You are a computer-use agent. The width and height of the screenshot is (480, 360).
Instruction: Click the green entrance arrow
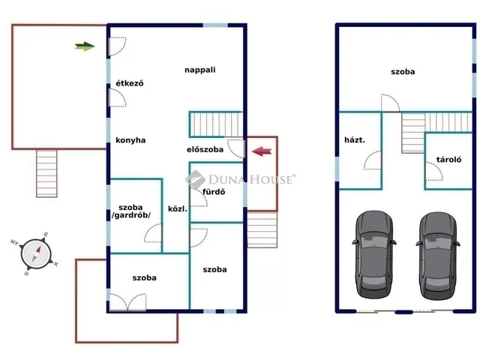pyautogui.click(x=85, y=46)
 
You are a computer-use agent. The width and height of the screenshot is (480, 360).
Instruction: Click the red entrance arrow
pyautogui.click(x=262, y=151)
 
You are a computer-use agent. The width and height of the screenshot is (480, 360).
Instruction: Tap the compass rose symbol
pyautogui.click(x=35, y=253)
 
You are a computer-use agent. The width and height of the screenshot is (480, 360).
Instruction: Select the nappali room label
pyautogui.click(x=200, y=70)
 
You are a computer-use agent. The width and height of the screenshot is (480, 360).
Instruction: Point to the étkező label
pyautogui.click(x=130, y=83)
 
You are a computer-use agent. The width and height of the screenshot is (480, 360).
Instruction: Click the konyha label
pyautogui.click(x=130, y=140)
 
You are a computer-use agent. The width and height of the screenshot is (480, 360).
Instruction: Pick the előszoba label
pyautogui.click(x=205, y=149)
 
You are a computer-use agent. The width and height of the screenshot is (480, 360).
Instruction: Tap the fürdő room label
pyautogui.click(x=214, y=192)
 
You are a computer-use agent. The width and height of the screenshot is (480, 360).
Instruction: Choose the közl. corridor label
pyautogui.click(x=178, y=209)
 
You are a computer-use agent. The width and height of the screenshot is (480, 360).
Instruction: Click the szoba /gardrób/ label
pyautogui.click(x=131, y=211)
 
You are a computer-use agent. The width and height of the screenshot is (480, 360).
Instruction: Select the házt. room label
pyautogui.click(x=355, y=140)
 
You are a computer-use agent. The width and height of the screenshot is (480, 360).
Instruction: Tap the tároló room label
pyautogui.click(x=448, y=159)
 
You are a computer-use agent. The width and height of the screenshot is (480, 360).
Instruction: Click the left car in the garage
pyautogui.click(x=374, y=254)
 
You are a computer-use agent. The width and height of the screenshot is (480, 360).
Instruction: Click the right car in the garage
pyautogui.click(x=438, y=256)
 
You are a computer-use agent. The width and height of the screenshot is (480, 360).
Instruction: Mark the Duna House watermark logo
pyautogui.click(x=240, y=179)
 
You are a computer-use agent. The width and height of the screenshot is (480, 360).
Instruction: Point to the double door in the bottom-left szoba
pyautogui.click(x=127, y=301)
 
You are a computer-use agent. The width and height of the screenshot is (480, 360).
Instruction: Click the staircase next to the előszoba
pyautogui.click(x=216, y=124)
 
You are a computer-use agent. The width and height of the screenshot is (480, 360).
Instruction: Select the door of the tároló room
pyautogui.click(x=434, y=171)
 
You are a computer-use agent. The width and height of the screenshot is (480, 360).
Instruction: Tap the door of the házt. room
pyautogui.click(x=373, y=160)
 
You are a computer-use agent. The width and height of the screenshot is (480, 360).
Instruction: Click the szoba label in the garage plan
pyautogui.click(x=403, y=72)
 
